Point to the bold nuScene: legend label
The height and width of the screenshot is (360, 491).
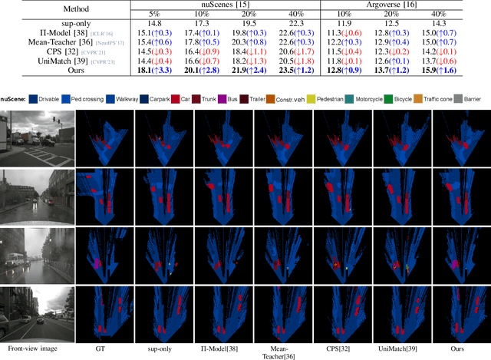coord(12,99)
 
